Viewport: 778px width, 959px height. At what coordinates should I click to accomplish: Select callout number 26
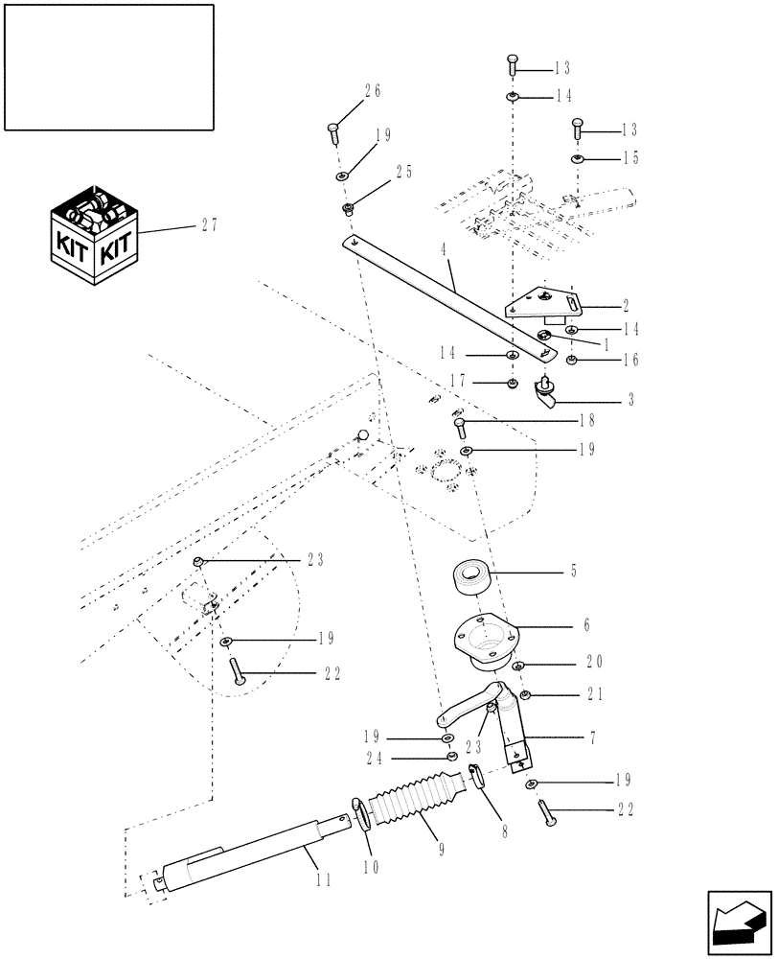click(372, 92)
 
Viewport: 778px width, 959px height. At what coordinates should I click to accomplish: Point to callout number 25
click(403, 172)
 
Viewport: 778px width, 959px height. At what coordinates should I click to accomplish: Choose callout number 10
click(372, 867)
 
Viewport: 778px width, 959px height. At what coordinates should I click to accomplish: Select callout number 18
click(586, 421)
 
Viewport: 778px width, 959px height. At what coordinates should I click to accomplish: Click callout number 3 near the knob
click(630, 400)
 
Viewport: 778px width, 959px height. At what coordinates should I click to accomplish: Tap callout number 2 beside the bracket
click(625, 307)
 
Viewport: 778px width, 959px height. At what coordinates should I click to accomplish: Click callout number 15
click(629, 158)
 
